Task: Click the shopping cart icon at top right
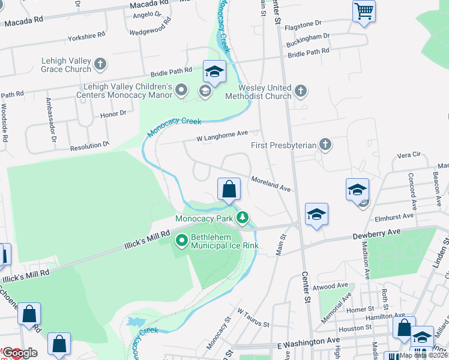364,11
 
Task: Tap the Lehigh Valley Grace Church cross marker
100,64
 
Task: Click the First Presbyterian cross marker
325,144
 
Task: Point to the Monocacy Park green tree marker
243,217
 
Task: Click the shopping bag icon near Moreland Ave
229,190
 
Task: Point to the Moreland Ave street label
271,183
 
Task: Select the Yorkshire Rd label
87,37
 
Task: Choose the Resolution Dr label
90,145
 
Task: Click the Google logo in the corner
19,353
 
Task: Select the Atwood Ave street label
334,286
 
